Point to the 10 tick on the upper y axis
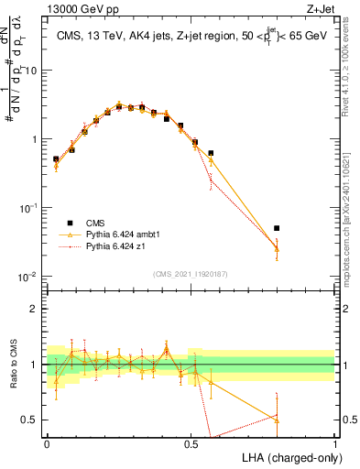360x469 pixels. click(32, 71)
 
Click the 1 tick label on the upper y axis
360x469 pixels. click(36, 139)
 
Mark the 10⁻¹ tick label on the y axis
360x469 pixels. click(30, 207)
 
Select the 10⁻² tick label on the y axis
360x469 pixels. click(30, 276)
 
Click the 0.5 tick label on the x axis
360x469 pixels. click(191, 442)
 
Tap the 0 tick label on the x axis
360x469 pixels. click(47, 442)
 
